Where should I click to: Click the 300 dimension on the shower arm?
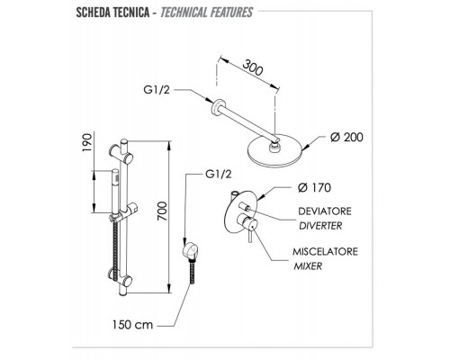(253, 68)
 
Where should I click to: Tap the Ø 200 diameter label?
(346, 138)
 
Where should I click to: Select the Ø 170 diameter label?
(314, 188)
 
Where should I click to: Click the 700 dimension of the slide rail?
(162, 211)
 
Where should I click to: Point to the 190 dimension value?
(86, 142)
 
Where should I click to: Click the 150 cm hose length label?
(132, 325)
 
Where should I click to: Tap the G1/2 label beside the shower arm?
(157, 90)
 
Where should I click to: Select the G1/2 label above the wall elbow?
(219, 174)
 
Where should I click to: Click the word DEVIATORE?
(325, 211)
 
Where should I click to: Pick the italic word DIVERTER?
(320, 226)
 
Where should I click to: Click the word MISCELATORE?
(326, 251)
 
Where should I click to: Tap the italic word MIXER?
(308, 266)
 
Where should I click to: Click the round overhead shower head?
(275, 149)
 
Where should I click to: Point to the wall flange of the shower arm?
(218, 106)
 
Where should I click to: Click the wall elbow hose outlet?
(191, 248)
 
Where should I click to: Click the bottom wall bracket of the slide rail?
(120, 277)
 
